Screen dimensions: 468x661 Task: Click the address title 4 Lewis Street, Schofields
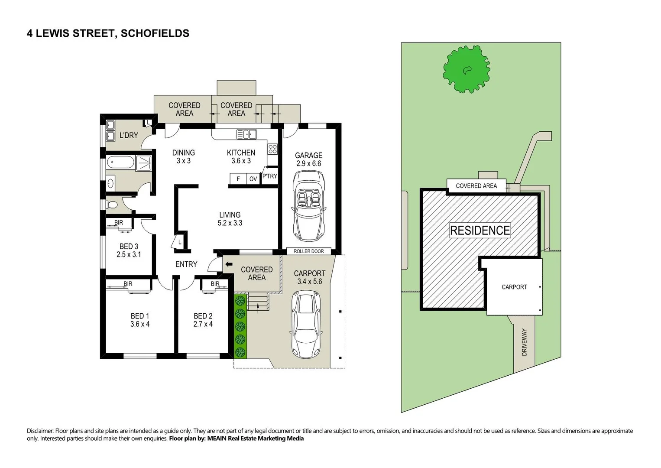[x=108, y=33]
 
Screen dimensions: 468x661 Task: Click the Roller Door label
[x=308, y=251]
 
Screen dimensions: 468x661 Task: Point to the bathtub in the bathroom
[x=120, y=163]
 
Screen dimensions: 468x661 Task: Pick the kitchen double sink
[x=246, y=134]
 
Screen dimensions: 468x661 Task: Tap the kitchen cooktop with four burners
[x=272, y=149]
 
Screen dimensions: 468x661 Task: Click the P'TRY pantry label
[x=269, y=176]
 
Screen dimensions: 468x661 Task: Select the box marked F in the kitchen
[x=238, y=179]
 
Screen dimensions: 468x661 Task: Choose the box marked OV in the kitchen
[x=253, y=179]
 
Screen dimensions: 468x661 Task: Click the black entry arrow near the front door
[x=228, y=264]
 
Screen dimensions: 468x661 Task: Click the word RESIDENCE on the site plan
[x=480, y=230]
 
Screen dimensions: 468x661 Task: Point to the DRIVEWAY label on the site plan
[x=524, y=342]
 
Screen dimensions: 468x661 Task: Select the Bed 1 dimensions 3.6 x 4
[x=140, y=324]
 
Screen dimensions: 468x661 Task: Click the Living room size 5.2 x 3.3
[x=230, y=223]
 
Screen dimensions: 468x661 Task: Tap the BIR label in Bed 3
[x=119, y=223]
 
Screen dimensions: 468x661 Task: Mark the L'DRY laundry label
[x=129, y=135]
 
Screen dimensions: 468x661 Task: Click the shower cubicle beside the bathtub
[x=143, y=163]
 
